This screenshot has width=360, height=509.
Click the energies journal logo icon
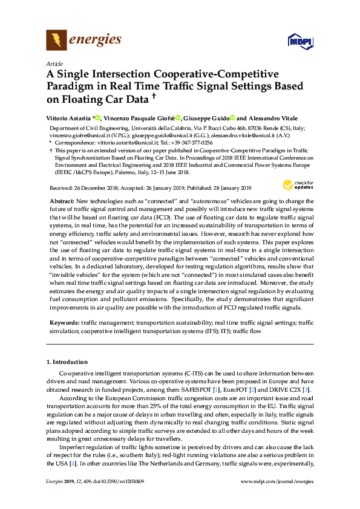56,41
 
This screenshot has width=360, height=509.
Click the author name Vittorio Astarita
68,118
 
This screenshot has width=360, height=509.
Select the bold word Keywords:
64,324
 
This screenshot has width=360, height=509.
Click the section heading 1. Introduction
67,362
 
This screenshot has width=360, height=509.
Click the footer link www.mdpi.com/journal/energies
277,481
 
